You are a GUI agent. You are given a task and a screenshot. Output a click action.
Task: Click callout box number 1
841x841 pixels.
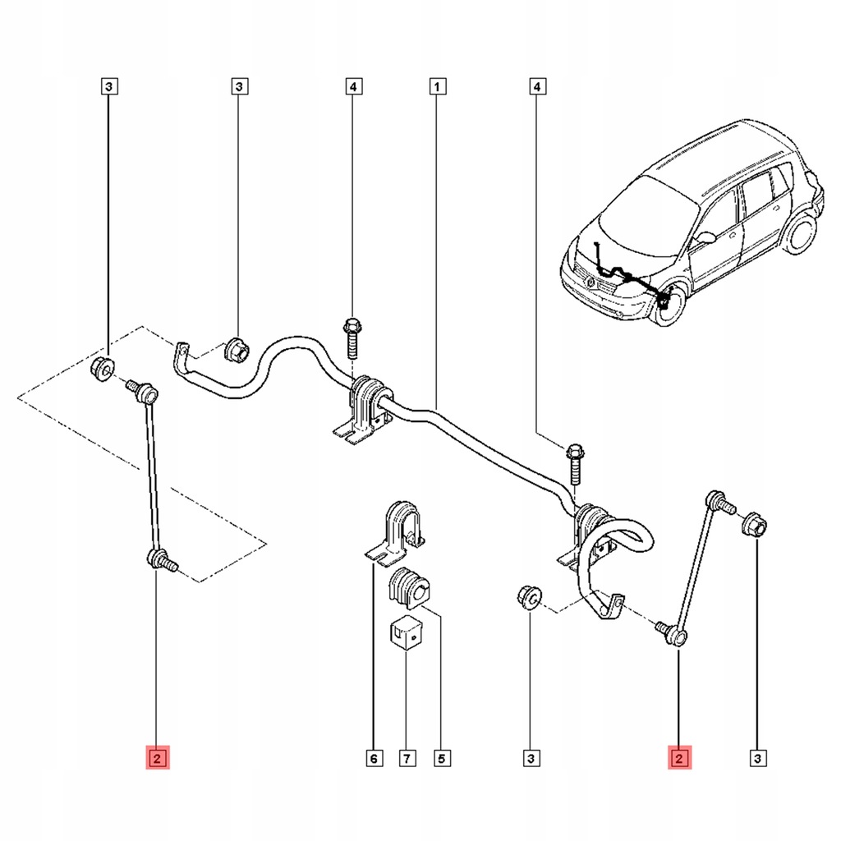[x=437, y=85]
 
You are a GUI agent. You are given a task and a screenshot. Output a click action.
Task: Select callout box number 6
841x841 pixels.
[x=373, y=759]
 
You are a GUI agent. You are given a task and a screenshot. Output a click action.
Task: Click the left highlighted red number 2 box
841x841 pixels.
[x=157, y=757]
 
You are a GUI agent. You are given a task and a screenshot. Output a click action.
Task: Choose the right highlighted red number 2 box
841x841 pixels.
[x=680, y=757]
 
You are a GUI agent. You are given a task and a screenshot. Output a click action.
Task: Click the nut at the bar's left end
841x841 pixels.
[x=237, y=350]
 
